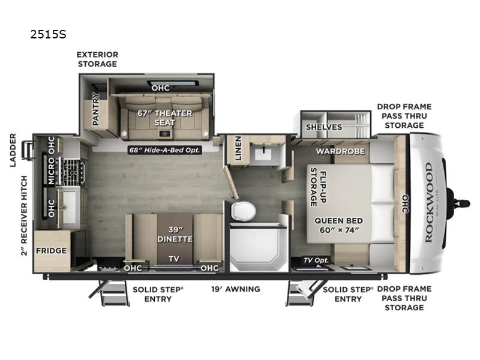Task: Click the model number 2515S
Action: [48, 35]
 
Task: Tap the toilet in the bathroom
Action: [244, 210]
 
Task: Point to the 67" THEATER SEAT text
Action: [165, 118]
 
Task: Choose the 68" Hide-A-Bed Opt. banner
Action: [164, 150]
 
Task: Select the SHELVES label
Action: [323, 127]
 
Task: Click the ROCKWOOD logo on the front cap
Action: [428, 202]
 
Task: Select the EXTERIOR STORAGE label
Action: [97, 59]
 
